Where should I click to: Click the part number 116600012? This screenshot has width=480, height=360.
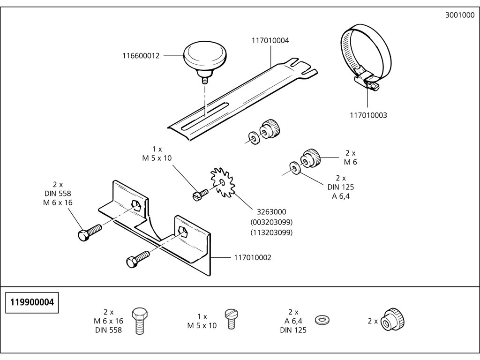click(141, 56)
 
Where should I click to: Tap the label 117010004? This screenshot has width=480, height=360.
click(270, 40)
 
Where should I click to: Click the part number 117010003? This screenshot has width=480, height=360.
click(368, 115)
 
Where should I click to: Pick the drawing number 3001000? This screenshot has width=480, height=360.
click(460, 15)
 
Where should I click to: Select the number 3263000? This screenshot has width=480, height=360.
click(271, 212)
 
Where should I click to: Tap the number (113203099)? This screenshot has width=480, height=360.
click(271, 232)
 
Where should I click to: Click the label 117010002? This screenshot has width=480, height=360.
click(253, 258)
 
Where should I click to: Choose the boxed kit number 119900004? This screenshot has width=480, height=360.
click(32, 302)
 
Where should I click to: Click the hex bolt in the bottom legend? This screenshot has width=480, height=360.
click(140, 321)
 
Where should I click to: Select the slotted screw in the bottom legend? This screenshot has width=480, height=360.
click(232, 319)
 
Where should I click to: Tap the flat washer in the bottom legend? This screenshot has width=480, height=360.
click(322, 320)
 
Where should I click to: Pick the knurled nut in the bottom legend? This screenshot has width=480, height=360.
click(392, 320)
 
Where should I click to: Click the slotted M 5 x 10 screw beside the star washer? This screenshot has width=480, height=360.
click(201, 195)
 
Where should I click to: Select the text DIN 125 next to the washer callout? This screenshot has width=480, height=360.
click(340, 187)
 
